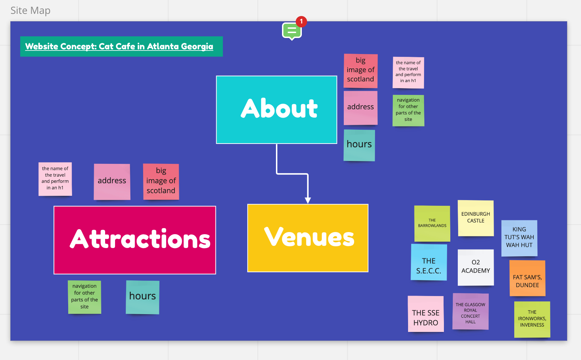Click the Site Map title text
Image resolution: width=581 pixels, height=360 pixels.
pyautogui.click(x=31, y=11)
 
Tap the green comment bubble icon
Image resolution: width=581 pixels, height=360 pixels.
pyautogui.click(x=292, y=31)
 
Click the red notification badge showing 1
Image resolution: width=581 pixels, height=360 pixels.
pyautogui.click(x=301, y=21)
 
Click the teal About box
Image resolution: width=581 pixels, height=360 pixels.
pyautogui.click(x=276, y=109)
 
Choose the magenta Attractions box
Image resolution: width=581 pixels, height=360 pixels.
pyautogui.click(x=135, y=240)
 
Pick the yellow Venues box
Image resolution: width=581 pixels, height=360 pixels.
pyautogui.click(x=308, y=238)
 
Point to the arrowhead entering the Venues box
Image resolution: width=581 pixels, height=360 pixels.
pyautogui.click(x=308, y=200)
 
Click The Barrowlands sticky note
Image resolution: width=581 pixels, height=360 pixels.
pyautogui.click(x=432, y=223)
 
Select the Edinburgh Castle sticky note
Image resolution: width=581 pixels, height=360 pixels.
pyautogui.click(x=476, y=218)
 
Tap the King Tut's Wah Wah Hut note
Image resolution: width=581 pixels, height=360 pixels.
pyautogui.click(x=519, y=238)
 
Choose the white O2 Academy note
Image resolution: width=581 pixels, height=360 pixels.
pyautogui.click(x=476, y=267)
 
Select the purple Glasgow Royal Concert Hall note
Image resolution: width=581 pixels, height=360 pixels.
pyautogui.click(x=470, y=311)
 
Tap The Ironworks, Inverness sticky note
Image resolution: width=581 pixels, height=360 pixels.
pyautogui.click(x=532, y=319)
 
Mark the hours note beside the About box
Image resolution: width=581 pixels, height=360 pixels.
pyautogui.click(x=359, y=145)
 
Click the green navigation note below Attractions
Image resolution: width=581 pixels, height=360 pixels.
pyautogui.click(x=85, y=297)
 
